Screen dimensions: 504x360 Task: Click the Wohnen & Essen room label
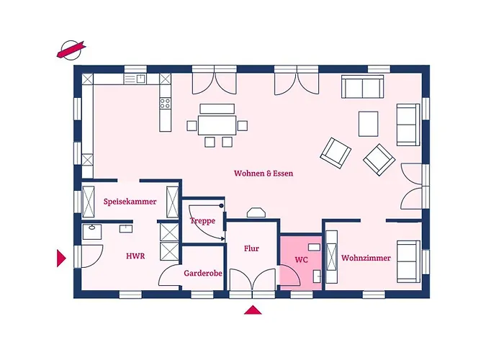[264, 174]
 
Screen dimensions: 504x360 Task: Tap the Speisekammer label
[130, 202]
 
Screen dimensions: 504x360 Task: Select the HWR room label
[135, 256]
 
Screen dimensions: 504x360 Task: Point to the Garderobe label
[203, 273]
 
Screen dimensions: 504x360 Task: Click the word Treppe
[202, 221]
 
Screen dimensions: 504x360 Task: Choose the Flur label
[251, 248]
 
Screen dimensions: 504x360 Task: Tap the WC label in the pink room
[301, 260]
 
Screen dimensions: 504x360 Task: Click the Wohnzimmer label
[366, 258]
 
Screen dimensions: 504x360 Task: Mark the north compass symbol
[71, 50]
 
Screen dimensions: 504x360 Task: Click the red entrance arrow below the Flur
[253, 310]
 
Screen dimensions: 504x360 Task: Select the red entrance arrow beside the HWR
[61, 258]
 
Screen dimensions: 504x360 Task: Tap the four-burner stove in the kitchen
[165, 103]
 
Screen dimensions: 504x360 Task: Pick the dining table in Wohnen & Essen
[217, 125]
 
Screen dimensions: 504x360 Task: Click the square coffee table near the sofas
[369, 124]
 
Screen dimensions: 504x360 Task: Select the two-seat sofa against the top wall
[363, 86]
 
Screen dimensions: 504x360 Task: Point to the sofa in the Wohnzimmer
[408, 261]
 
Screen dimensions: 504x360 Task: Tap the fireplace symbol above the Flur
[256, 213]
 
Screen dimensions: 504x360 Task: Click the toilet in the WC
[317, 276]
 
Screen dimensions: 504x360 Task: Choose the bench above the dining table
[217, 109]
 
